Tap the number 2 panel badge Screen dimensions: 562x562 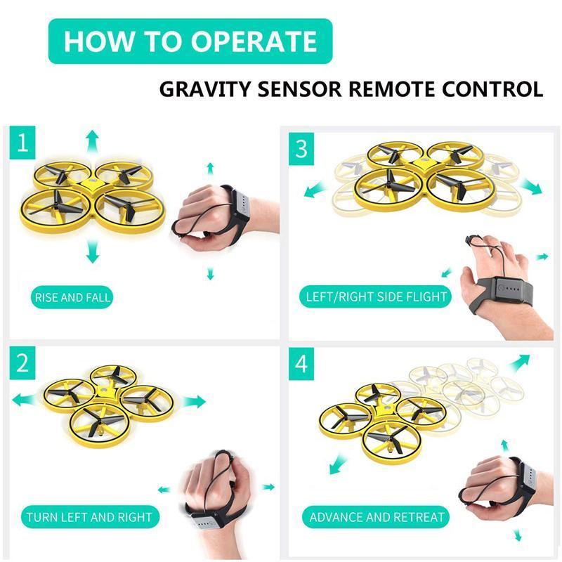click(x=22, y=362)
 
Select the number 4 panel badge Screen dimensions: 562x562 click(x=301, y=363)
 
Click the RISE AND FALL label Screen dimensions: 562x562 click(x=72, y=297)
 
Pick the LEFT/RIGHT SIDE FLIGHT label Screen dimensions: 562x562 click(x=376, y=296)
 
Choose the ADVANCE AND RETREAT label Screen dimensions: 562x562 click(x=377, y=518)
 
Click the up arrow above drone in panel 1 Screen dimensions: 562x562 click(x=91, y=140)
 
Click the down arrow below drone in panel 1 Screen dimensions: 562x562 click(x=91, y=251)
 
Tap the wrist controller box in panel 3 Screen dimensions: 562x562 click(x=513, y=290)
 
